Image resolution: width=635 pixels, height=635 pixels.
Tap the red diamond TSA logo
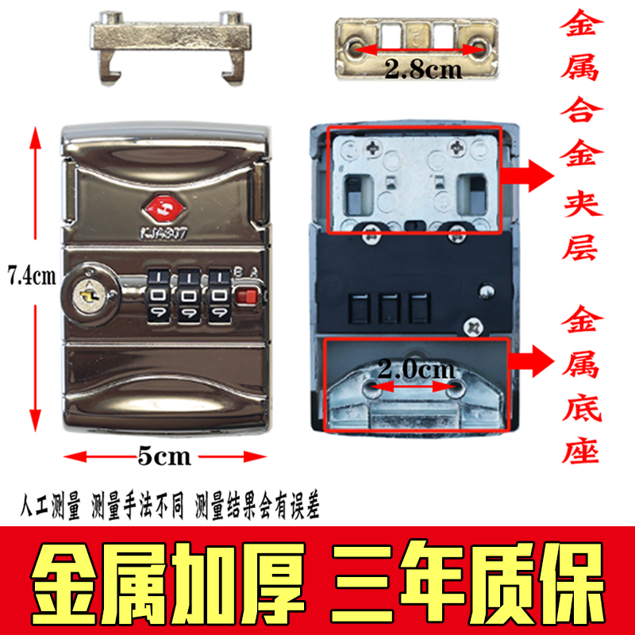pyautogui.click(x=164, y=209)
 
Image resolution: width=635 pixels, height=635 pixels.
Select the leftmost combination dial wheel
pyautogui.click(x=157, y=296)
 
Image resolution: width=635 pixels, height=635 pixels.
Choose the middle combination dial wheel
pyautogui.click(x=188, y=296)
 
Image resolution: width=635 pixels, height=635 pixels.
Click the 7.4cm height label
pyautogui.click(x=32, y=276)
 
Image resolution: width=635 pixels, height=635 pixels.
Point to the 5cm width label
pyautogui.click(x=164, y=456)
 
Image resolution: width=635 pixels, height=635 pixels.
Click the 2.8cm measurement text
pyautogui.click(x=423, y=69)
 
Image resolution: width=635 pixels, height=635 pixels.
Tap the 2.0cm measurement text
pyautogui.click(x=416, y=369)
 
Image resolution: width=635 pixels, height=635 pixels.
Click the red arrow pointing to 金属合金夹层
pyautogui.click(x=528, y=175)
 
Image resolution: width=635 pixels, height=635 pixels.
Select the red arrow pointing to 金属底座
pyautogui.click(x=531, y=361)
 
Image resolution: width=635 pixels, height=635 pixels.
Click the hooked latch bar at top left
pyautogui.click(x=171, y=48)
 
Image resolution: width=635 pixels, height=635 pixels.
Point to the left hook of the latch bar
pyautogui.click(x=110, y=69)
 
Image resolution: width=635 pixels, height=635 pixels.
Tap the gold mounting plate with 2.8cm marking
pyautogui.click(x=416, y=48)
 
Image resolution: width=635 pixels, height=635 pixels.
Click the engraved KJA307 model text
pyautogui.click(x=164, y=233)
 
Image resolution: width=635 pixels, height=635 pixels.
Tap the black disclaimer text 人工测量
pyautogui.click(x=50, y=505)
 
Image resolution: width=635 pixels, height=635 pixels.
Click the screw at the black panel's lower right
pyautogui.click(x=471, y=326)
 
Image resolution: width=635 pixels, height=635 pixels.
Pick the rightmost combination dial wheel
pyautogui.click(x=219, y=296)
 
